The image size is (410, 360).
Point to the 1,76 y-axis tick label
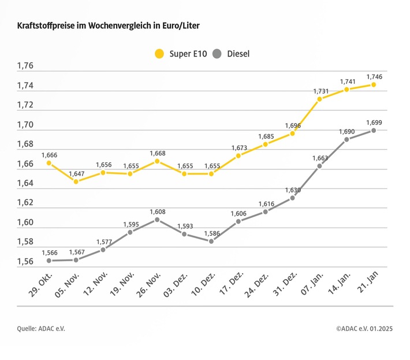tap(25, 66)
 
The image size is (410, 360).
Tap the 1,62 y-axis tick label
tap(25, 203)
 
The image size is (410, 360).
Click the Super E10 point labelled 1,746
tap(374, 84)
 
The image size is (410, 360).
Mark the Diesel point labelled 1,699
tap(374, 131)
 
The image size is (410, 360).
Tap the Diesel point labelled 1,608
tap(157, 220)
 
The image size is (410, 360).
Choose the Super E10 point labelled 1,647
tap(76, 181)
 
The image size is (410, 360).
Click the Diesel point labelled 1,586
tap(211, 241)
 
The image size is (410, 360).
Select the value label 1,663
tap(320, 158)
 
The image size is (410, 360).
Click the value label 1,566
tap(49, 253)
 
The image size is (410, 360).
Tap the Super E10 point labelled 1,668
tap(157, 161)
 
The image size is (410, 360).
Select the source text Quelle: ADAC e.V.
tap(41, 329)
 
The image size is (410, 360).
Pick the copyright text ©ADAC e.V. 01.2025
tap(364, 329)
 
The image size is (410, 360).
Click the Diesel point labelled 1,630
tap(293, 198)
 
